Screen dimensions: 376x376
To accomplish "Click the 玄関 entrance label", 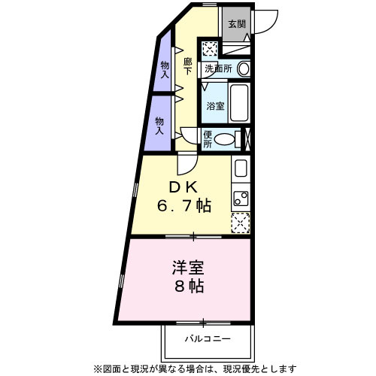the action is point(237,24).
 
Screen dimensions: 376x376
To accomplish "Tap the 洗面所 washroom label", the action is point(218,68).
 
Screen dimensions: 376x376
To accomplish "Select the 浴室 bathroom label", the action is point(215,106).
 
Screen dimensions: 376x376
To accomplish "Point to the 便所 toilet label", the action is point(208,139).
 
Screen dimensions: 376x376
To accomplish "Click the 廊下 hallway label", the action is point(187,66).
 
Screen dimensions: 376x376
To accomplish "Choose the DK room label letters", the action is point(183,187).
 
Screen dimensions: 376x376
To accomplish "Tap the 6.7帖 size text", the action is point(183,206).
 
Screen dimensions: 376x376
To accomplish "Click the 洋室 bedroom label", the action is point(188,268).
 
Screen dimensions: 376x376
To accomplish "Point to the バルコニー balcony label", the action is point(208,339).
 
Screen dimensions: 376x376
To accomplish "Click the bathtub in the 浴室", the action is point(239,103).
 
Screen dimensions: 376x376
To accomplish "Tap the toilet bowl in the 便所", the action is point(225,139).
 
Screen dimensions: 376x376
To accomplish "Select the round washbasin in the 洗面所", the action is point(243,68).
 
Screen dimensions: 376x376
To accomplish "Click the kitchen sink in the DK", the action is point(241,168).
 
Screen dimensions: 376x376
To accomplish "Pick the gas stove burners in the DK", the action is point(241,198).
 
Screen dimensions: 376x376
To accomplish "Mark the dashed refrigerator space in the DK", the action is point(241,223).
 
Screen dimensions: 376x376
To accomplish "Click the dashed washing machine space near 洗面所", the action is point(210,49).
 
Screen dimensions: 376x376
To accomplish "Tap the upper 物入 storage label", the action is point(165,70).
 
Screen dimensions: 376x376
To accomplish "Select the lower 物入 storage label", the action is point(159,126).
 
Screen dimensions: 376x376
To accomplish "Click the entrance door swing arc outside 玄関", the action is point(272,25).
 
